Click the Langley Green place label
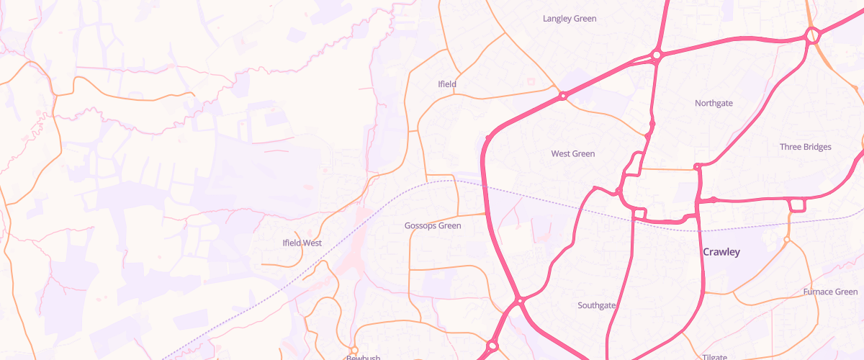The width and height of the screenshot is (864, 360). [570, 18]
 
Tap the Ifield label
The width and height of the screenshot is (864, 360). [447, 84]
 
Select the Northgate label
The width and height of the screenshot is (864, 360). [714, 103]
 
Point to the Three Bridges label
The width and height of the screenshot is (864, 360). [805, 147]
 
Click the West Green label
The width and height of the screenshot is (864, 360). [572, 153]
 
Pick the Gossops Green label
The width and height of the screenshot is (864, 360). [433, 225]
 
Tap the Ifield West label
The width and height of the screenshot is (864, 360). [302, 243]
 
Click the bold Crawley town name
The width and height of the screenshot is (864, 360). [721, 252]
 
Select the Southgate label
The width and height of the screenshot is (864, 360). [597, 305]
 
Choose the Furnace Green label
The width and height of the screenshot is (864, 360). [830, 292]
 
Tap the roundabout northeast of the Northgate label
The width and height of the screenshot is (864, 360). [813, 34]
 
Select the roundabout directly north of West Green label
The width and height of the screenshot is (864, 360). [562, 95]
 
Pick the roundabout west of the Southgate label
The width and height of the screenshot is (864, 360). [518, 300]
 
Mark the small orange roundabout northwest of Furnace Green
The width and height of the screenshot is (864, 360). [787, 239]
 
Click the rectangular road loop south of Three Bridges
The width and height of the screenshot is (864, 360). [797, 205]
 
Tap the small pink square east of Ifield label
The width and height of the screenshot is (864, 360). [531, 81]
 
